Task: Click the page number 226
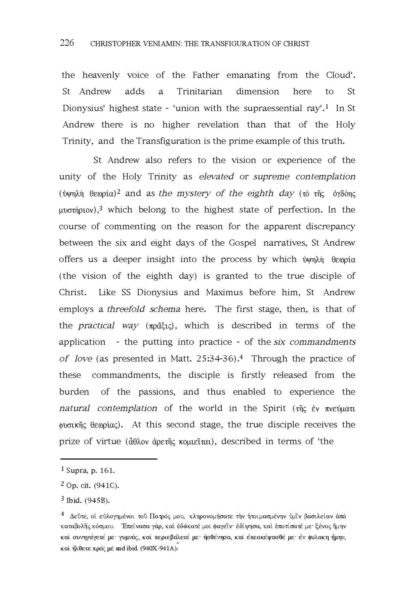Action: (67, 43)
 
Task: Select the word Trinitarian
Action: (199, 92)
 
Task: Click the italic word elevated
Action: (216, 177)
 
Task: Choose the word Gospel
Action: (242, 243)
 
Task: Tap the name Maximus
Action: (224, 292)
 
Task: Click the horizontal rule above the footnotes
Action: (109, 459)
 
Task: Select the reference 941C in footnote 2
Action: (106, 486)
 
